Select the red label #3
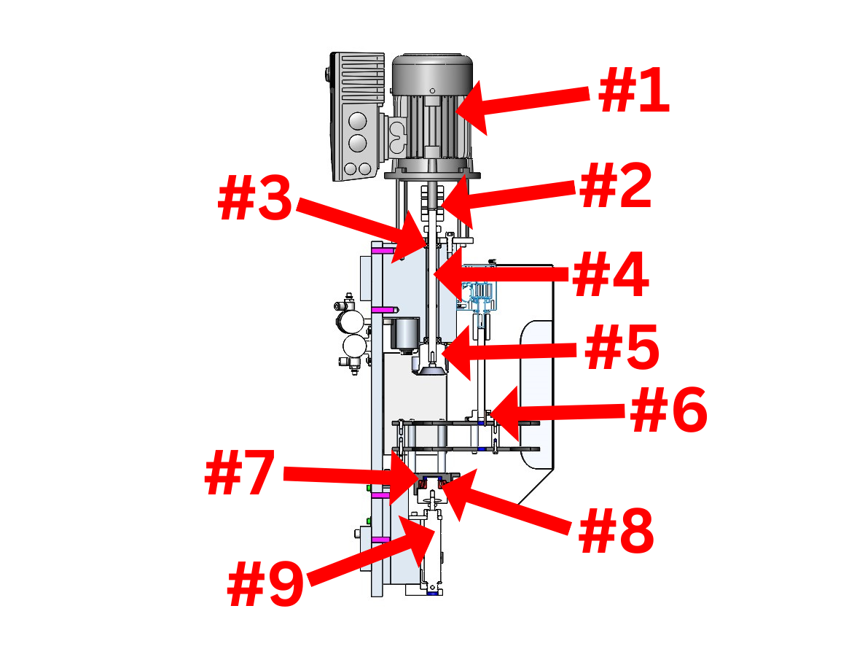click(x=255, y=198)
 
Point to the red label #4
click(x=611, y=274)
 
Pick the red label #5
click(x=622, y=347)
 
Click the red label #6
click(x=669, y=410)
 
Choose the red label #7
click(x=240, y=473)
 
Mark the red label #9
click(x=266, y=584)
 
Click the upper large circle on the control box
click(x=358, y=121)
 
